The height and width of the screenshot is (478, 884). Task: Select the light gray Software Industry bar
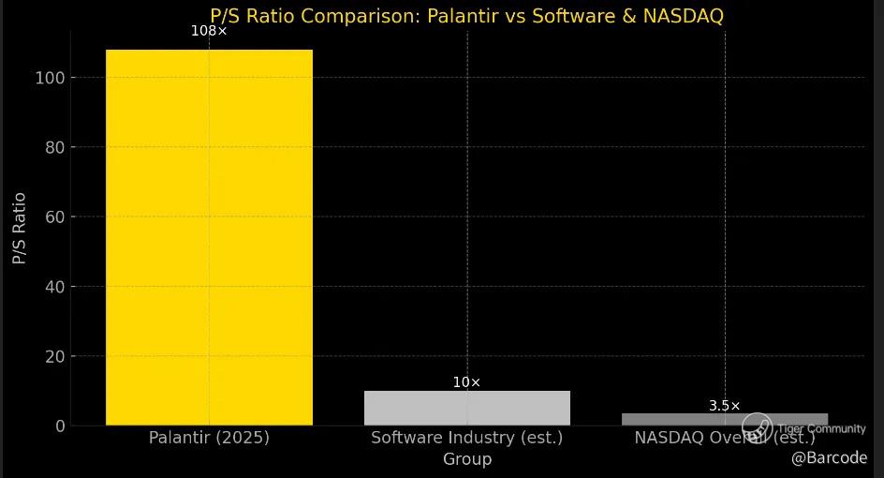pyautogui.click(x=466, y=408)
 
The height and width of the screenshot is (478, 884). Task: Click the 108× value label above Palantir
pyautogui.click(x=209, y=31)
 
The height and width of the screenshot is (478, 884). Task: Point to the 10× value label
pyautogui.click(x=466, y=382)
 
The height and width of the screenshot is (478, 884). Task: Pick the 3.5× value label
pyautogui.click(x=724, y=406)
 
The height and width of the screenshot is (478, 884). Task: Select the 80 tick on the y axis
pyautogui.click(x=53, y=147)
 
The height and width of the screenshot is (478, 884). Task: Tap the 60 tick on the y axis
pyautogui.click(x=53, y=217)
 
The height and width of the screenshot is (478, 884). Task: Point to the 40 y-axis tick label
pyautogui.click(x=53, y=287)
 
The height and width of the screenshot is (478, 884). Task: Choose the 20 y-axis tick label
pyautogui.click(x=53, y=356)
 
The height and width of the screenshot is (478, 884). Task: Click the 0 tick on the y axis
pyautogui.click(x=60, y=426)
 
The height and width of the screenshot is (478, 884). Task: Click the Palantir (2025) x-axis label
pyautogui.click(x=209, y=438)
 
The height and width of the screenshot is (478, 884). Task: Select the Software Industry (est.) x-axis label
pyautogui.click(x=466, y=438)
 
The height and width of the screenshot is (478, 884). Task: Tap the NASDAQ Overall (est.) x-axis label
pyautogui.click(x=724, y=438)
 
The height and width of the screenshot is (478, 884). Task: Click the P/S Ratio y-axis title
pyautogui.click(x=20, y=228)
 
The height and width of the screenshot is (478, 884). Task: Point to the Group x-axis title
pyautogui.click(x=466, y=459)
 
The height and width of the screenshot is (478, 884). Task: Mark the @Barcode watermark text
pyautogui.click(x=829, y=457)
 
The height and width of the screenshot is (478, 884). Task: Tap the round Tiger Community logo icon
pyautogui.click(x=757, y=427)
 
